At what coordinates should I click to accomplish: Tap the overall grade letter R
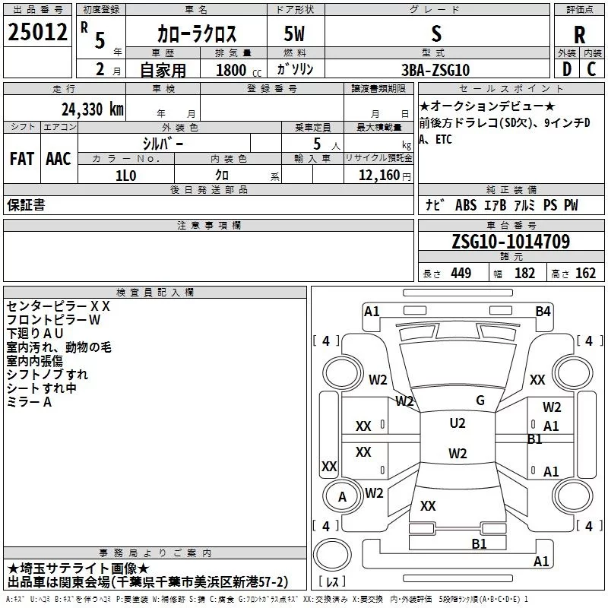(x=579, y=34)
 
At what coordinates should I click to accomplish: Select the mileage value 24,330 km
(x=93, y=109)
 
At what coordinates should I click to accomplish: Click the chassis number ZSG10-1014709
(x=511, y=242)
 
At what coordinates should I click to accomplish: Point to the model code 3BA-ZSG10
(x=435, y=69)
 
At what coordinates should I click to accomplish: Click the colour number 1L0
(x=126, y=175)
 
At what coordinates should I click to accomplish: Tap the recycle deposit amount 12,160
(x=375, y=176)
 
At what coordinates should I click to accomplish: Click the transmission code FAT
(x=22, y=159)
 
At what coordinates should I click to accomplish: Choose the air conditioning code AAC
(x=59, y=159)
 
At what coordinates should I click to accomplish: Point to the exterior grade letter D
(x=566, y=69)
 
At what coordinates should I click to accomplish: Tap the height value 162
(x=585, y=274)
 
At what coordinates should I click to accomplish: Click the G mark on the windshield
(x=480, y=401)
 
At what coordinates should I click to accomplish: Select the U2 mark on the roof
(x=457, y=423)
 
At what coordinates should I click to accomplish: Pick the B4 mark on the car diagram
(x=543, y=311)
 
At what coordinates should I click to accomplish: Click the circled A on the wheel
(x=342, y=496)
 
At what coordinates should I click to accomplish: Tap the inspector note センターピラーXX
(x=59, y=306)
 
